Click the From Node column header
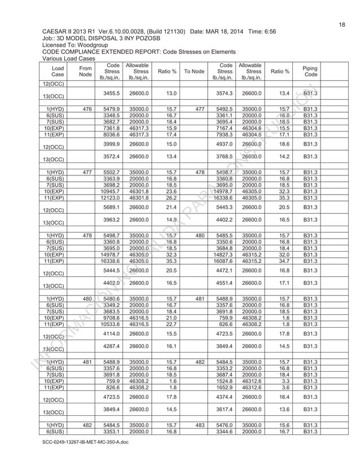[x=86, y=71]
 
